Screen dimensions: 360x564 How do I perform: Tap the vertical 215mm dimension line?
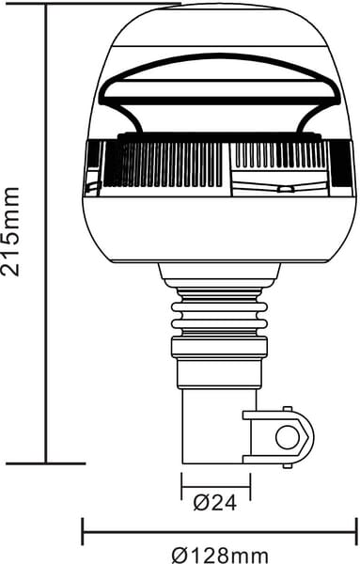point(45,235)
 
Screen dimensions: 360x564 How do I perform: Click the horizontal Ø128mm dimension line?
point(219,531)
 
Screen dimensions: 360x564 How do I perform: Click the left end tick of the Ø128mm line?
point(83,531)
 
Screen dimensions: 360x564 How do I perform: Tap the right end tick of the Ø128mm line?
point(356,531)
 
